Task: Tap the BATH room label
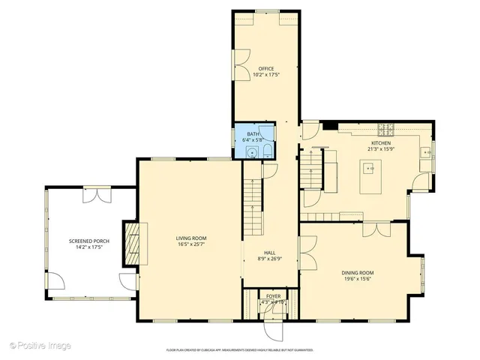click(253, 133)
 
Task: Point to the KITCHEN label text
click(381, 142)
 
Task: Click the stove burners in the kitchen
click(385, 127)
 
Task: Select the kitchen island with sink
click(370, 178)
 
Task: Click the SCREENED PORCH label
click(89, 241)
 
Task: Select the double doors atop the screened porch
click(97, 194)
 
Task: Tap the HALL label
click(270, 253)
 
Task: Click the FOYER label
click(274, 296)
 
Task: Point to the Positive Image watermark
click(41, 345)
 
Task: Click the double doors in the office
click(242, 66)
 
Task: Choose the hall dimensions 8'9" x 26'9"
click(270, 259)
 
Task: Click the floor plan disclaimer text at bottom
click(239, 350)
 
